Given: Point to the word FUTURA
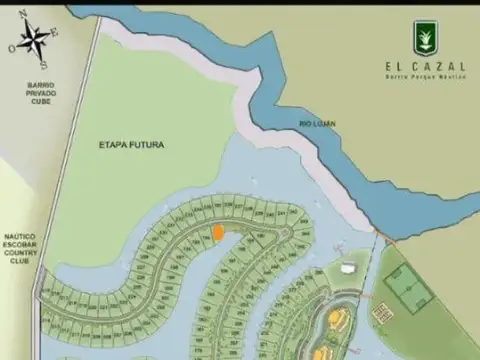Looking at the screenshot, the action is click(x=146, y=145).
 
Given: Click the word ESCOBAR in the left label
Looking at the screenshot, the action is click(x=19, y=245).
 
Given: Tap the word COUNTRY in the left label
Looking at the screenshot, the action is click(x=19, y=253).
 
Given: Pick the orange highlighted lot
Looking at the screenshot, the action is click(x=217, y=232).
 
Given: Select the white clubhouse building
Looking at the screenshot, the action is click(x=344, y=269).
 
